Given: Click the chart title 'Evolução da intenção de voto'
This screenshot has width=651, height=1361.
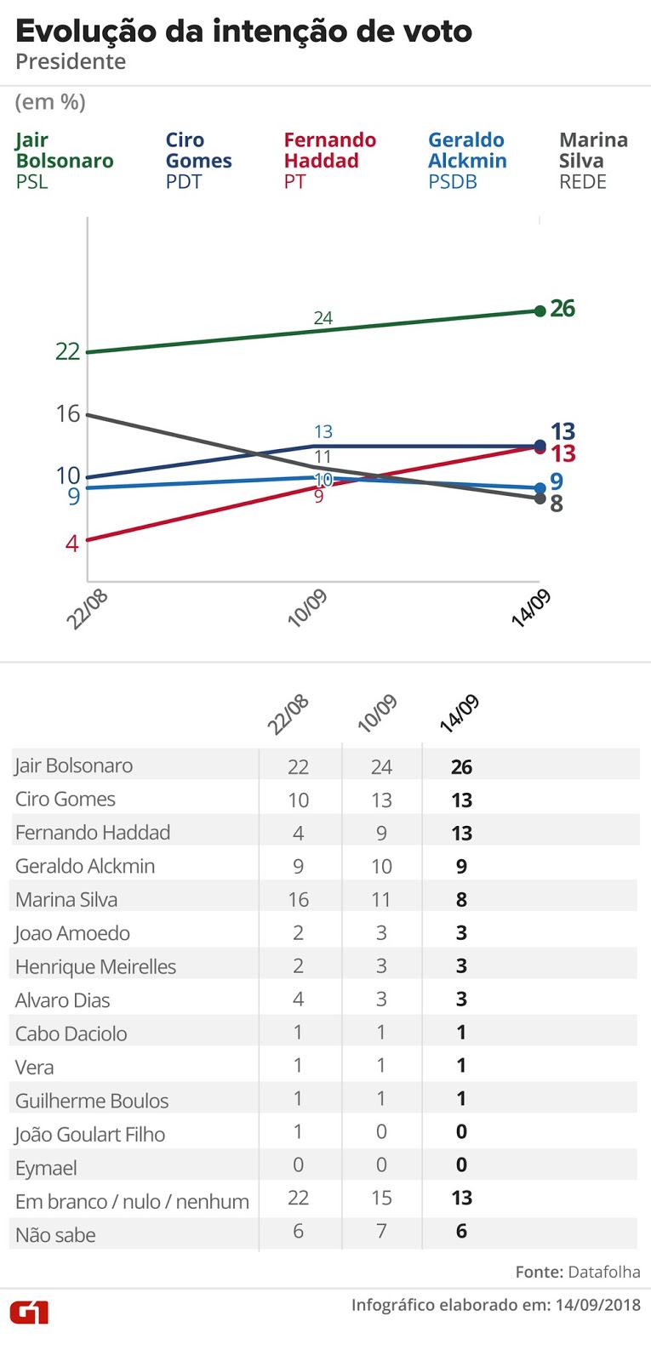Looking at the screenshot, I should coord(243,31).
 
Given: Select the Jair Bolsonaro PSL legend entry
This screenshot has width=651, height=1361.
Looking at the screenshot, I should coord(64,161).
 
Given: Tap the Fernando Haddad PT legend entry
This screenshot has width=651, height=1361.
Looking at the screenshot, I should coord(329,161).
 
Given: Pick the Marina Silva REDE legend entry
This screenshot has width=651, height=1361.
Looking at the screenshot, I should coord(593,161).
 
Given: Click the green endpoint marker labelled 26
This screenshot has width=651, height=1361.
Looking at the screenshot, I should coord(540,310).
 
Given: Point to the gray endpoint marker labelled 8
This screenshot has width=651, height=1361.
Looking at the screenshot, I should coord(540,498).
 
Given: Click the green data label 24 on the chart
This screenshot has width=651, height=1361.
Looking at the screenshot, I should coord(323,318).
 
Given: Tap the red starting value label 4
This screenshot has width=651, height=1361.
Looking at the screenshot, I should coord(72,543).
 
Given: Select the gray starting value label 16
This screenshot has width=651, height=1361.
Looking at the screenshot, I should coord(68,414).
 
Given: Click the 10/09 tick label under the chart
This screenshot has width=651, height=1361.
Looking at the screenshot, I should coord(307,607).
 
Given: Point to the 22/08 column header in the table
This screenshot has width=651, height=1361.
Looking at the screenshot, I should coord(288,714).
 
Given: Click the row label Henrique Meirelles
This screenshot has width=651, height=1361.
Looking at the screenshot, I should coord(95,967).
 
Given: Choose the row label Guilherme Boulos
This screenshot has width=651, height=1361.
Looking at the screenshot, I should coord(92,1101).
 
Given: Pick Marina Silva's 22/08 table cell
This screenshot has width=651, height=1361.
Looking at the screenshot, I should coord(298,900).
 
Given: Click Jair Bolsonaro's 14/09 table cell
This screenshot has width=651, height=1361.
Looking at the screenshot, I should coord(461,766).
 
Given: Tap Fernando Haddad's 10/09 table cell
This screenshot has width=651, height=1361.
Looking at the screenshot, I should coord(381,833).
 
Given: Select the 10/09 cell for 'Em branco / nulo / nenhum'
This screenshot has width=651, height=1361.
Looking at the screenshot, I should coord(381,1198).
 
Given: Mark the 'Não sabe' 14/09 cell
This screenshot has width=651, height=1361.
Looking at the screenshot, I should coord(461,1231).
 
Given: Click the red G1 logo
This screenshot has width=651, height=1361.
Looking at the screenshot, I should coord(29,1312).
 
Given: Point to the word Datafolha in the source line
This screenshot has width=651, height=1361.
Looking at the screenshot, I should coord(604,1272).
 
